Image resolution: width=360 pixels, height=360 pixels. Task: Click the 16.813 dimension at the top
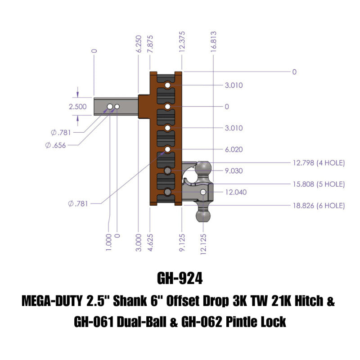coord(214,42)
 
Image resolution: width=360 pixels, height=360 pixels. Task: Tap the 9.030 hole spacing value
coord(234,171)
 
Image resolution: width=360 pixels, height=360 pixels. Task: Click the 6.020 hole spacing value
coord(234,149)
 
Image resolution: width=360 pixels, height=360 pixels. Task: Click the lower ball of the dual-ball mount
coord(204,215)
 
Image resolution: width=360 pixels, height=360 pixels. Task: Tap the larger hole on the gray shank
coord(109,107)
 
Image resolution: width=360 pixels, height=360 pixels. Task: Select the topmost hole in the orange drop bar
coord(167,85)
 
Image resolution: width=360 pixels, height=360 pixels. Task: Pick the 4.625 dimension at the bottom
coord(149,243)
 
